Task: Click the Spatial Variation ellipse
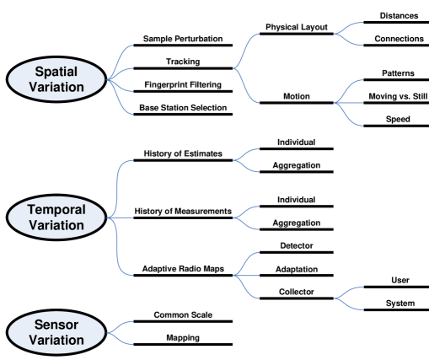(x=57, y=79)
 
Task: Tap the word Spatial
(x=57, y=72)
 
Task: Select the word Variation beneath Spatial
(x=57, y=87)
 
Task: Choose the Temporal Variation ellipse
(x=57, y=217)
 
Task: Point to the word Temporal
(x=57, y=209)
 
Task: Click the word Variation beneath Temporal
(x=57, y=225)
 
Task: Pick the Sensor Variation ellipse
(x=57, y=331)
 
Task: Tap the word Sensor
(x=57, y=324)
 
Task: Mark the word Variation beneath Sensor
(x=57, y=340)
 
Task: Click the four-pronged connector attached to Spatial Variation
(x=120, y=79)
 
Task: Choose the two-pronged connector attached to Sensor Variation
(x=120, y=331)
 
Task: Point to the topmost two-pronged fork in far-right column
(x=348, y=34)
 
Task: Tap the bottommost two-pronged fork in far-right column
(x=348, y=298)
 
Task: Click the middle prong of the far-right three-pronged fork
(x=354, y=103)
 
